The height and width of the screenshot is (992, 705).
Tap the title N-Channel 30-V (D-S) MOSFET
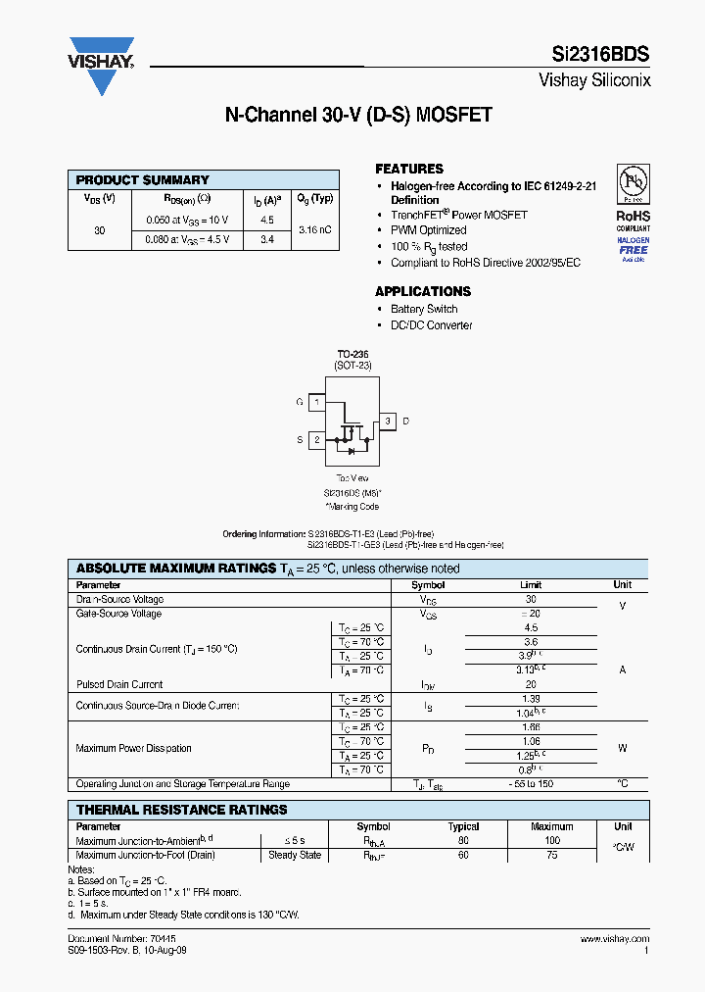point(358,116)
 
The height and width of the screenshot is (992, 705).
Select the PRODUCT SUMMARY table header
point(143,180)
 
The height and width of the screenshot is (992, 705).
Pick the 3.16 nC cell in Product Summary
point(314,229)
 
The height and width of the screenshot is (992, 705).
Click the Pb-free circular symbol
point(633,184)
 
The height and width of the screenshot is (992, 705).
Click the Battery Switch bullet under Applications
point(424,309)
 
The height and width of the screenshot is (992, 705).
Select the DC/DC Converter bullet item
point(431,325)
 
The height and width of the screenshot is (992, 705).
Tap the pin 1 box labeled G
point(316,402)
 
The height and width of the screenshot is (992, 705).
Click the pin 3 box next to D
point(388,422)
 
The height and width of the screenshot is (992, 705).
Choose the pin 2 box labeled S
point(316,440)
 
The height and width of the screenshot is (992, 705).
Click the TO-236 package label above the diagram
point(353,354)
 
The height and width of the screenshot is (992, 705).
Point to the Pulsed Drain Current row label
point(119,684)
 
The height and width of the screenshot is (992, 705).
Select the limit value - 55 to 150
point(532,784)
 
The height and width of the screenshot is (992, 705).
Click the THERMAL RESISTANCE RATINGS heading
point(182,810)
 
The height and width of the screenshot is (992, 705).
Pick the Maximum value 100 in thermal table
point(552,841)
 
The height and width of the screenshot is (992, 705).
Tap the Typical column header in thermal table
point(463,826)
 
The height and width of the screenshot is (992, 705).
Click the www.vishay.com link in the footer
point(614,939)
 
